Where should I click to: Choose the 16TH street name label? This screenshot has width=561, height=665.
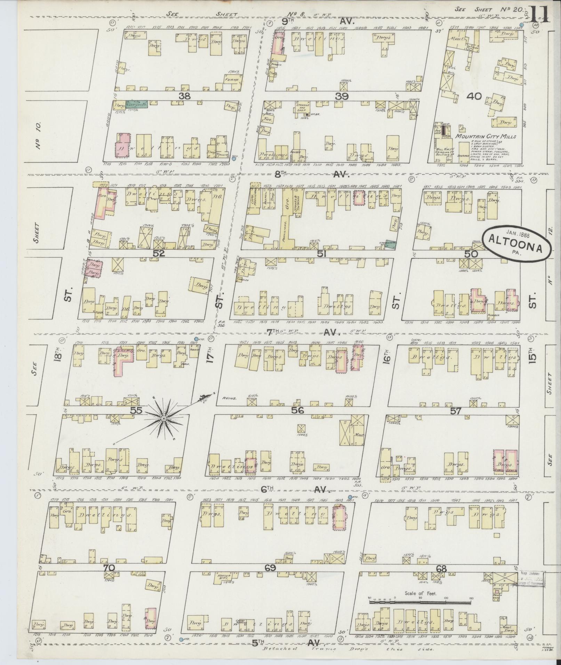pos(387,357)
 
